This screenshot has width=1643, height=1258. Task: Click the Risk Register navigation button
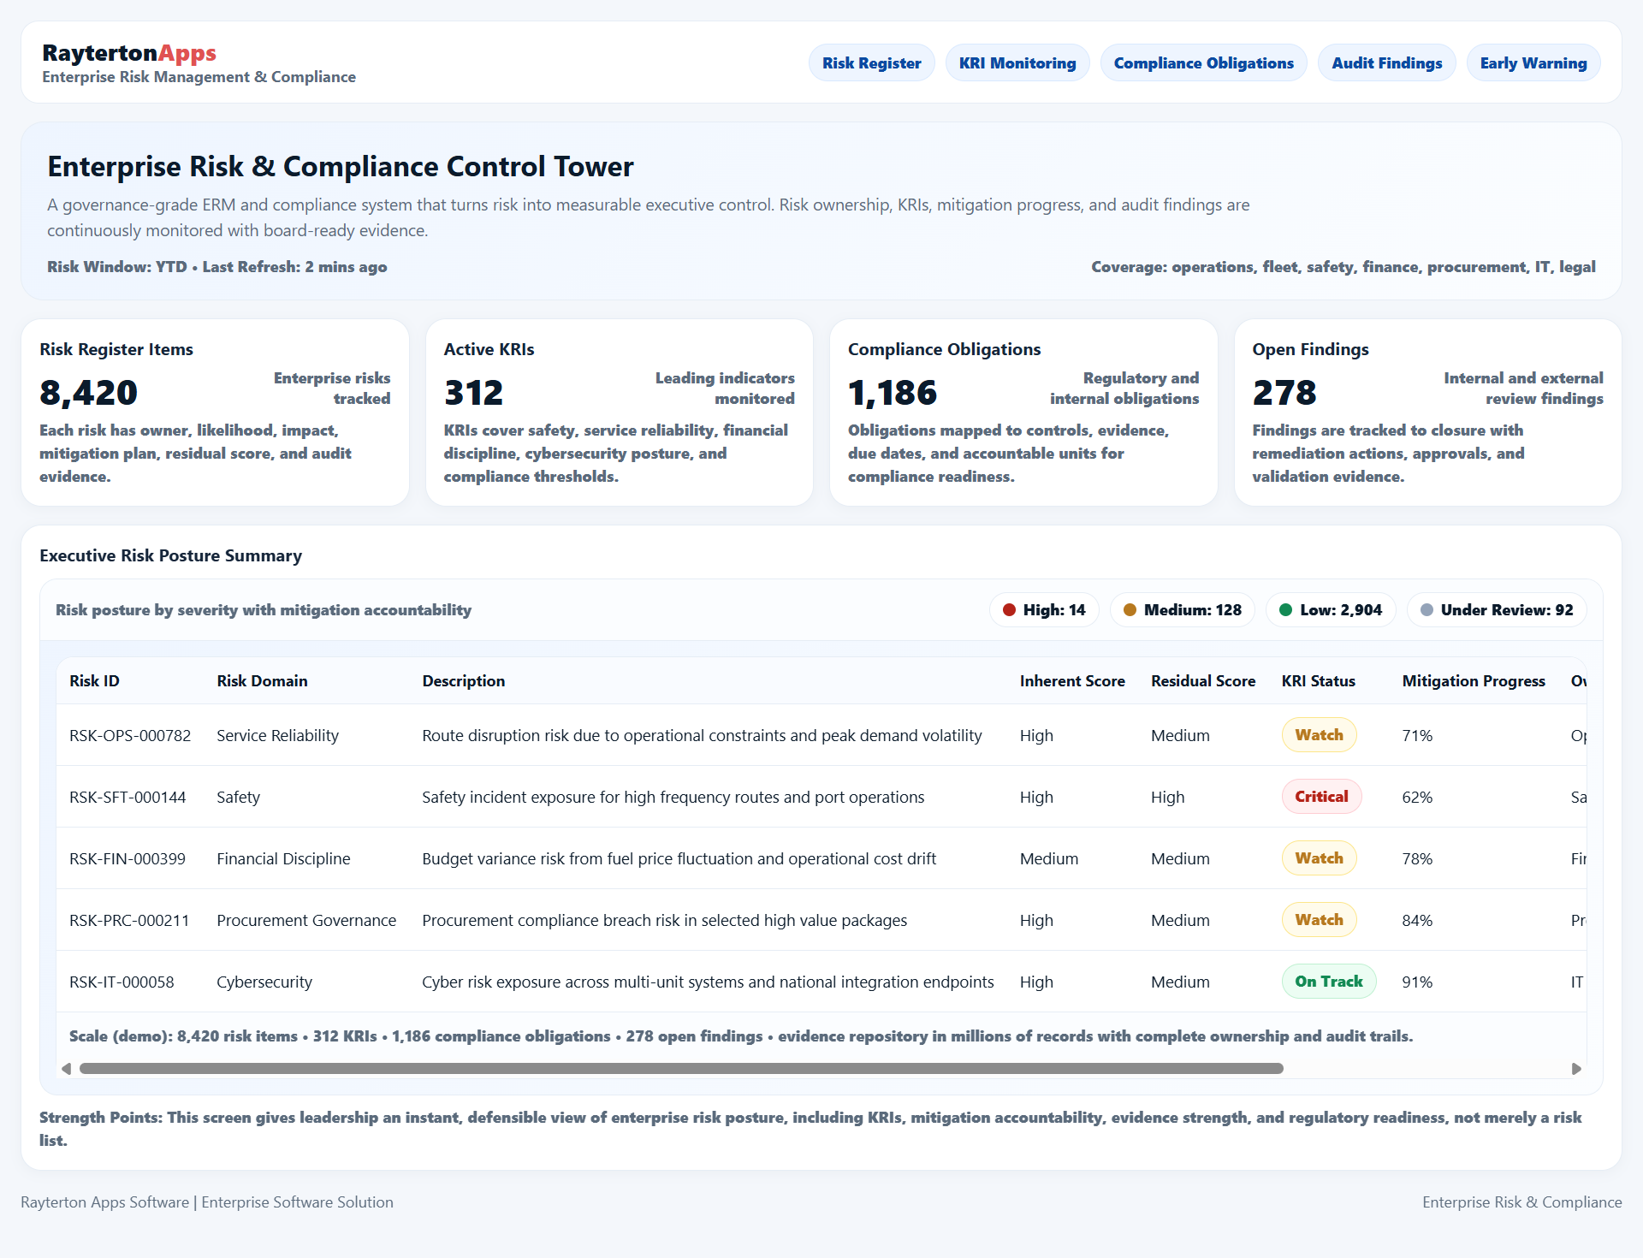871,63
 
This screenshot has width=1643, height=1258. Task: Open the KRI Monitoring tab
1017,63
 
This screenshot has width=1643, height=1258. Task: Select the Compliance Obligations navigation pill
1203,63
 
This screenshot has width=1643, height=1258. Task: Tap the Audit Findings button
1386,63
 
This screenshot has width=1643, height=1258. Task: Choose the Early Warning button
1533,63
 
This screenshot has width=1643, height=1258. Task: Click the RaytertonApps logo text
129,53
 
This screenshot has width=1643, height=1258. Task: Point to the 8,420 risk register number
89,393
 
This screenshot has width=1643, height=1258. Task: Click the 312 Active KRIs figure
473,393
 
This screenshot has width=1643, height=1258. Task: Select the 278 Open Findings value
1284,393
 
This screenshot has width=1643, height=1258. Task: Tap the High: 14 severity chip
1044,610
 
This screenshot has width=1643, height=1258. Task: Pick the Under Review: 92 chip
1496,610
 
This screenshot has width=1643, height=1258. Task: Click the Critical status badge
1321,797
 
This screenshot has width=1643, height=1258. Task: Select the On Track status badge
1328,982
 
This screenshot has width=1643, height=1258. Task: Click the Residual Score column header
1202,681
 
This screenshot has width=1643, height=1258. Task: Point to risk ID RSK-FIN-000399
128,858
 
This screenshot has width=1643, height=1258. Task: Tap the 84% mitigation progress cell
1417,920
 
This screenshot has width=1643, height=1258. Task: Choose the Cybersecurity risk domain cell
264,982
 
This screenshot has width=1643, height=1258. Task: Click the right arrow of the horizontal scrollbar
1576,1068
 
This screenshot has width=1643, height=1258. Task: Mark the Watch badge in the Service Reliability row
1319,735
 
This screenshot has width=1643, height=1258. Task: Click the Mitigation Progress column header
1473,681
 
